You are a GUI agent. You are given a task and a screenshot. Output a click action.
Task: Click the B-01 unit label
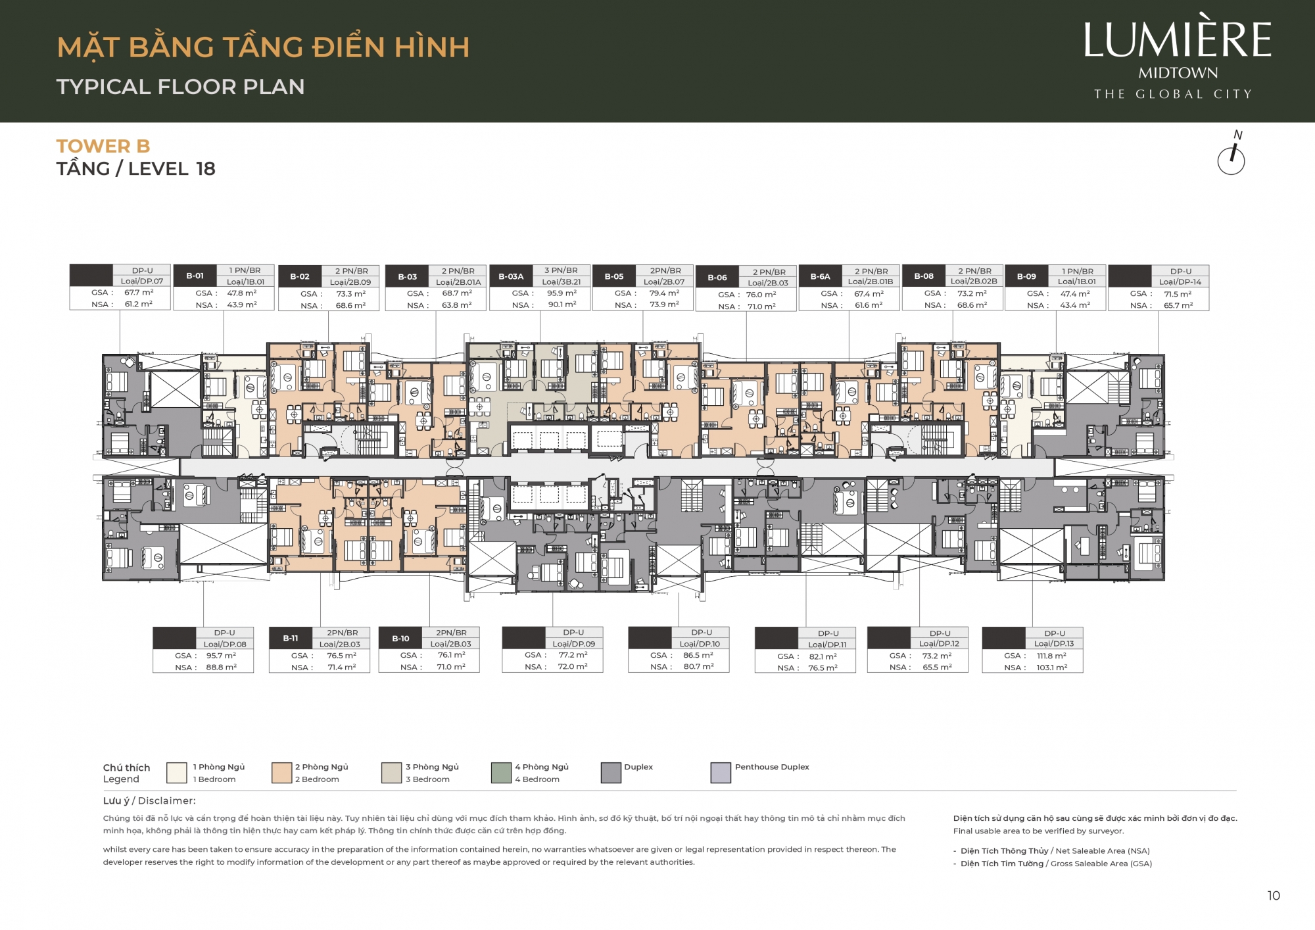(x=195, y=276)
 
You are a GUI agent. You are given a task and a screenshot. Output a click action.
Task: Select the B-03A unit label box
(x=511, y=276)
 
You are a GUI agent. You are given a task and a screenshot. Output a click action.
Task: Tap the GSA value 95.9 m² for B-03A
(x=562, y=293)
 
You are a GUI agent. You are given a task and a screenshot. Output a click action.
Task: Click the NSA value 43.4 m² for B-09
(x=1075, y=305)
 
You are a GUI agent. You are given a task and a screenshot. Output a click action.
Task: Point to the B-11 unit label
(x=291, y=638)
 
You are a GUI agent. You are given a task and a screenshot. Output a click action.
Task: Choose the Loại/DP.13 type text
(x=1054, y=644)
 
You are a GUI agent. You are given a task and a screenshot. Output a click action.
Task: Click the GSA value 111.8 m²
(x=1051, y=656)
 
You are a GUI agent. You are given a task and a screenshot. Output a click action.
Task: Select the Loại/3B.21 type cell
(x=561, y=281)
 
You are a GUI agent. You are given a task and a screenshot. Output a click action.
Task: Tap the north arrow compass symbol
(x=1231, y=158)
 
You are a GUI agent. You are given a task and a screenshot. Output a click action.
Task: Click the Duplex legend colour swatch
(x=611, y=773)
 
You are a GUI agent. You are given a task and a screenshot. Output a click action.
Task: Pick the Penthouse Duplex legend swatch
(x=721, y=773)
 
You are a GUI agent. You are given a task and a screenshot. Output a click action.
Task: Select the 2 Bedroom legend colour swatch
(x=281, y=773)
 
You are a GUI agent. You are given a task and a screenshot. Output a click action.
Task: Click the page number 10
(x=1274, y=896)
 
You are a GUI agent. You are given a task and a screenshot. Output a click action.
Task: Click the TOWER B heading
(x=103, y=146)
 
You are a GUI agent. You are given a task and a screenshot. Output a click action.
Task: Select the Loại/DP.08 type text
(x=225, y=645)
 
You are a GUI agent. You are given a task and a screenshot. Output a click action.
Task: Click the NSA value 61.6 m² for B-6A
(x=869, y=305)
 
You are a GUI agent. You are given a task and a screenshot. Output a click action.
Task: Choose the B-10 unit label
(x=400, y=639)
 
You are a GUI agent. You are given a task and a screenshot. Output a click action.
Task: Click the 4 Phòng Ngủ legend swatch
(x=501, y=773)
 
